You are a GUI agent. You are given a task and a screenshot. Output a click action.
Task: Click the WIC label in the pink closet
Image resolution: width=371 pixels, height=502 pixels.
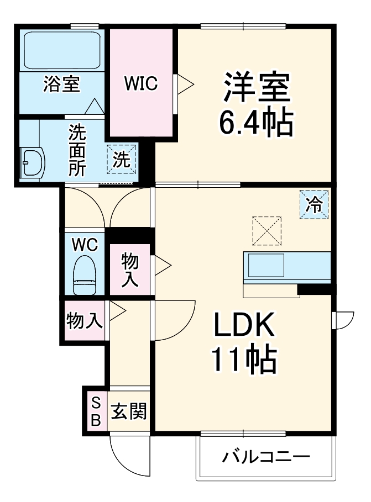141,83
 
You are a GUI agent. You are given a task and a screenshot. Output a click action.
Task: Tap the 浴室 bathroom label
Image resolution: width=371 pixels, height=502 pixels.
62,84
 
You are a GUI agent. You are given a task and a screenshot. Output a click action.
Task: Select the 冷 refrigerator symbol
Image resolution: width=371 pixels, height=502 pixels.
314,205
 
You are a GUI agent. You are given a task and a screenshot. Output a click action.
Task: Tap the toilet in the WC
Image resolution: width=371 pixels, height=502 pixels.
85,274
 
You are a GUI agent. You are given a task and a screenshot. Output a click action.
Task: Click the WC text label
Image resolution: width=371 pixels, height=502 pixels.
85,244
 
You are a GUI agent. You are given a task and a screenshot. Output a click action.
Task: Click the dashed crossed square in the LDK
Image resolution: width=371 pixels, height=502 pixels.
267,231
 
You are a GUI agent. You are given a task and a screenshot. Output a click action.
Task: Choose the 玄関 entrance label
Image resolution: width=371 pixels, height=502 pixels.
129,411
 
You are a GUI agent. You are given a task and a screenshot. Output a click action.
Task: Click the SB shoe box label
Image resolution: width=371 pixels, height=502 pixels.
95,411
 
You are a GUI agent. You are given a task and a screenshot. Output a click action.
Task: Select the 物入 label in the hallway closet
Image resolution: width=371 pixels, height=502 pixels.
84,320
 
